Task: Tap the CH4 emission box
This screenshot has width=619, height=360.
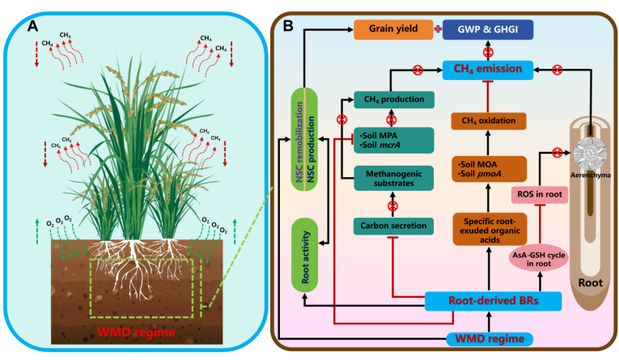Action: click(486, 70)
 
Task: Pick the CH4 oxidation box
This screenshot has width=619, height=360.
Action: click(486, 121)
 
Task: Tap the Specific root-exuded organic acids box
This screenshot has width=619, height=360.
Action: click(486, 228)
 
